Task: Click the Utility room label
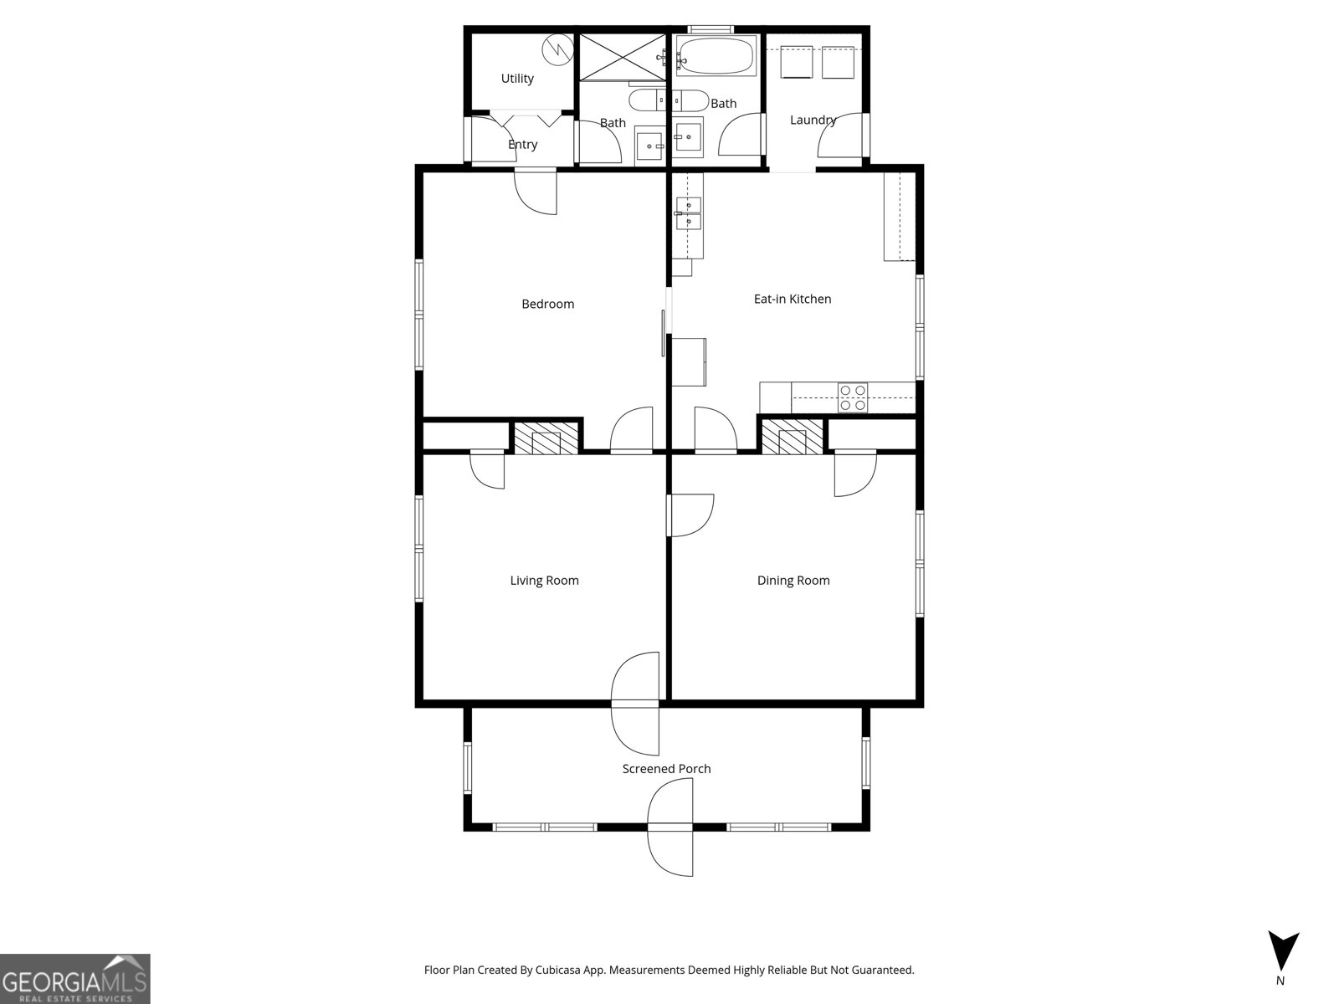pyautogui.click(x=517, y=79)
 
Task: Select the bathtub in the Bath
pyautogui.click(x=716, y=56)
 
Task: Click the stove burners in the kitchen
pyautogui.click(x=853, y=397)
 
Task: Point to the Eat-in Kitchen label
pyautogui.click(x=793, y=299)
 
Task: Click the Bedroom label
pyautogui.click(x=547, y=304)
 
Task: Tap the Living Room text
pyautogui.click(x=544, y=581)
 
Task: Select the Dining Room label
pyautogui.click(x=793, y=581)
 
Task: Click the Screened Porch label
pyautogui.click(x=666, y=769)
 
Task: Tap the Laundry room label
pyautogui.click(x=813, y=120)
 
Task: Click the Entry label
pyautogui.click(x=522, y=145)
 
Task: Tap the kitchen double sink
pyautogui.click(x=688, y=213)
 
